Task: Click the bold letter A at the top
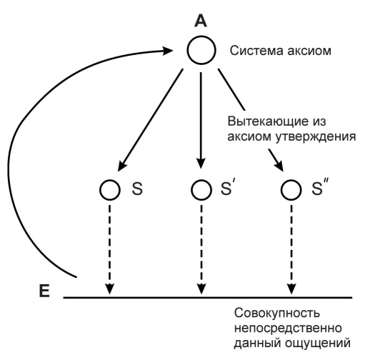(x=201, y=21)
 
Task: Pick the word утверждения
(x=316, y=136)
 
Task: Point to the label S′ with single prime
(x=226, y=188)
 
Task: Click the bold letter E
(x=44, y=291)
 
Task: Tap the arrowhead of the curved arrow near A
(x=168, y=50)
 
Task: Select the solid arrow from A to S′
(x=201, y=120)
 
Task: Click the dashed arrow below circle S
(x=109, y=249)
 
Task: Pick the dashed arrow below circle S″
(x=291, y=249)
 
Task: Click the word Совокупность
(x=277, y=313)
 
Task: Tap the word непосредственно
(x=288, y=328)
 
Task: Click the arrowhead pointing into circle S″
(x=279, y=166)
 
